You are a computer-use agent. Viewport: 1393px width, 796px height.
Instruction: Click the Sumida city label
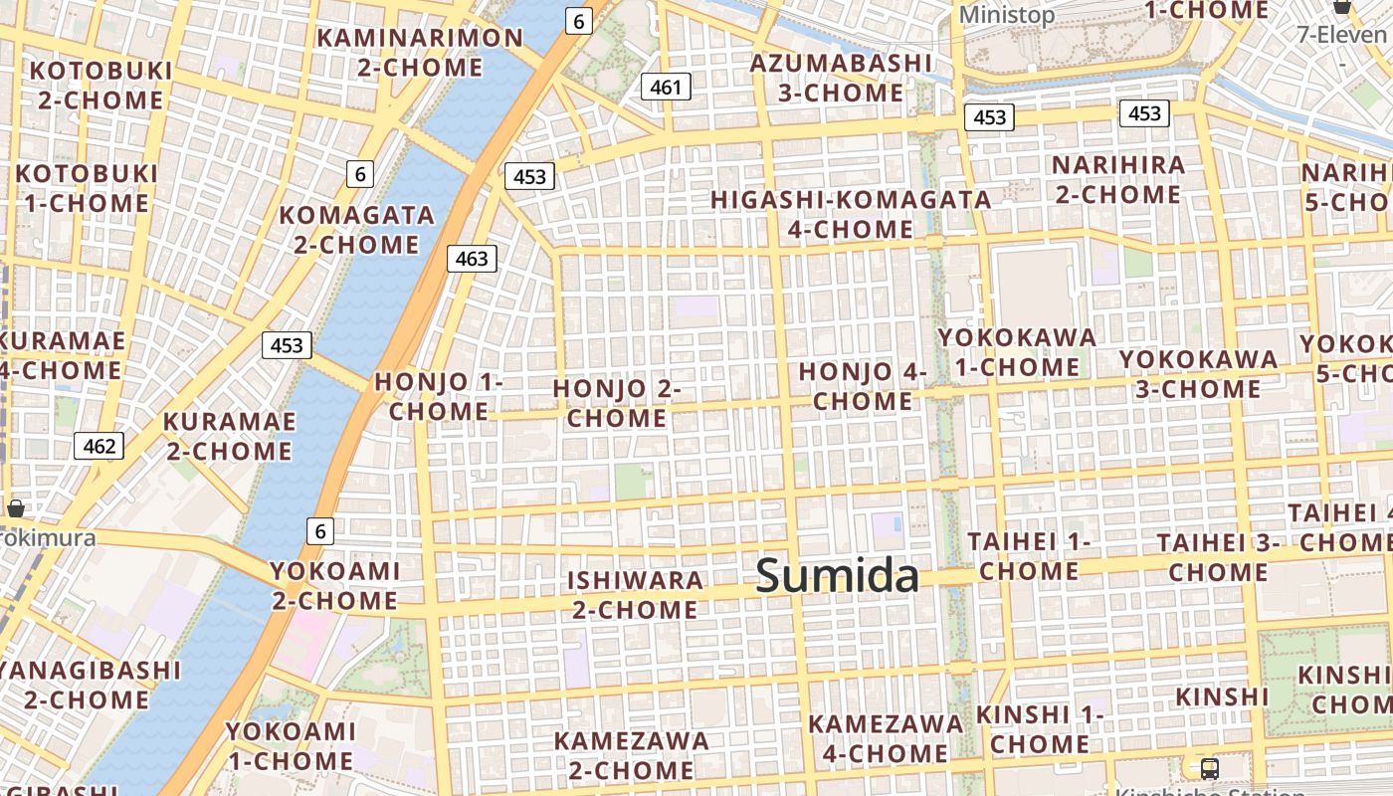tap(837, 576)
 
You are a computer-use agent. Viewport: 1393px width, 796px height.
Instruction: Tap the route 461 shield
tap(666, 88)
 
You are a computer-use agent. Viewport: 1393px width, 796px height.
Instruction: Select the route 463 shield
tap(472, 260)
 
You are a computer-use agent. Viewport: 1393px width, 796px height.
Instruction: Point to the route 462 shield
tap(99, 446)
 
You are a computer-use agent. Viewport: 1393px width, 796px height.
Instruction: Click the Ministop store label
tap(1006, 15)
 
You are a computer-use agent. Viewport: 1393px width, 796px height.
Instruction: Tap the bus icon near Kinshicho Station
tap(1210, 768)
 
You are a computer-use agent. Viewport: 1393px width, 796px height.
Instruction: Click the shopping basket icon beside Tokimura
tap(15, 508)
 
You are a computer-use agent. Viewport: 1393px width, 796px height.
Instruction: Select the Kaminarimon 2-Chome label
tap(420, 53)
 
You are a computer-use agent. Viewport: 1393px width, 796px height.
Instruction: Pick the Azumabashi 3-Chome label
tap(841, 78)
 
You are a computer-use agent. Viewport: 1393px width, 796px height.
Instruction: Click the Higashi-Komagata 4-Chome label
tap(851, 214)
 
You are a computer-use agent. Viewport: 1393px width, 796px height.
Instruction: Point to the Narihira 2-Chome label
tap(1118, 179)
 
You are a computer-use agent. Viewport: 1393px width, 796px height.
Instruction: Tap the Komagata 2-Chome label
tap(357, 230)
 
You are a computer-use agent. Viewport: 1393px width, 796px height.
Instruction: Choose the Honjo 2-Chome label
tap(617, 403)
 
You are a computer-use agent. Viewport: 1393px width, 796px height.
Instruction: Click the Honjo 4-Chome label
tap(863, 386)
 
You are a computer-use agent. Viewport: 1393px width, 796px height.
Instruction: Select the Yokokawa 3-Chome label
tap(1198, 373)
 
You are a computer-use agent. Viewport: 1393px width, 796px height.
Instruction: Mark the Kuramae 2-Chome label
tap(229, 436)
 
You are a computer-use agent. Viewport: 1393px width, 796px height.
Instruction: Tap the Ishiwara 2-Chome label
tap(635, 594)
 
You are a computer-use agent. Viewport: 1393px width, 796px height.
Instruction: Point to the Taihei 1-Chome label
tap(1029, 556)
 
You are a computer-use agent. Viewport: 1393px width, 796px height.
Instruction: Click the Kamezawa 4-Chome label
tap(886, 738)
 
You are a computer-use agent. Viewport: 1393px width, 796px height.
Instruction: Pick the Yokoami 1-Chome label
tap(290, 746)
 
